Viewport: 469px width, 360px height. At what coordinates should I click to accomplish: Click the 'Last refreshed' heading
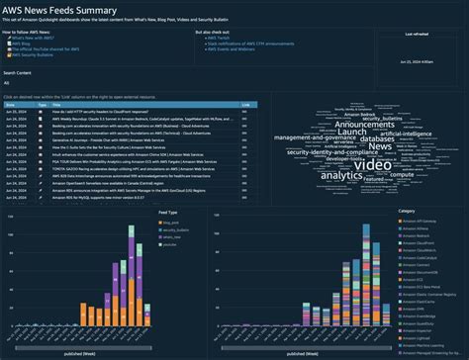417,34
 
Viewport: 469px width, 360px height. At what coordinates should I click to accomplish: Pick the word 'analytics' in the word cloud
342,174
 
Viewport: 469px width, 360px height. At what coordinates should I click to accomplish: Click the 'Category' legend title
407,211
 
